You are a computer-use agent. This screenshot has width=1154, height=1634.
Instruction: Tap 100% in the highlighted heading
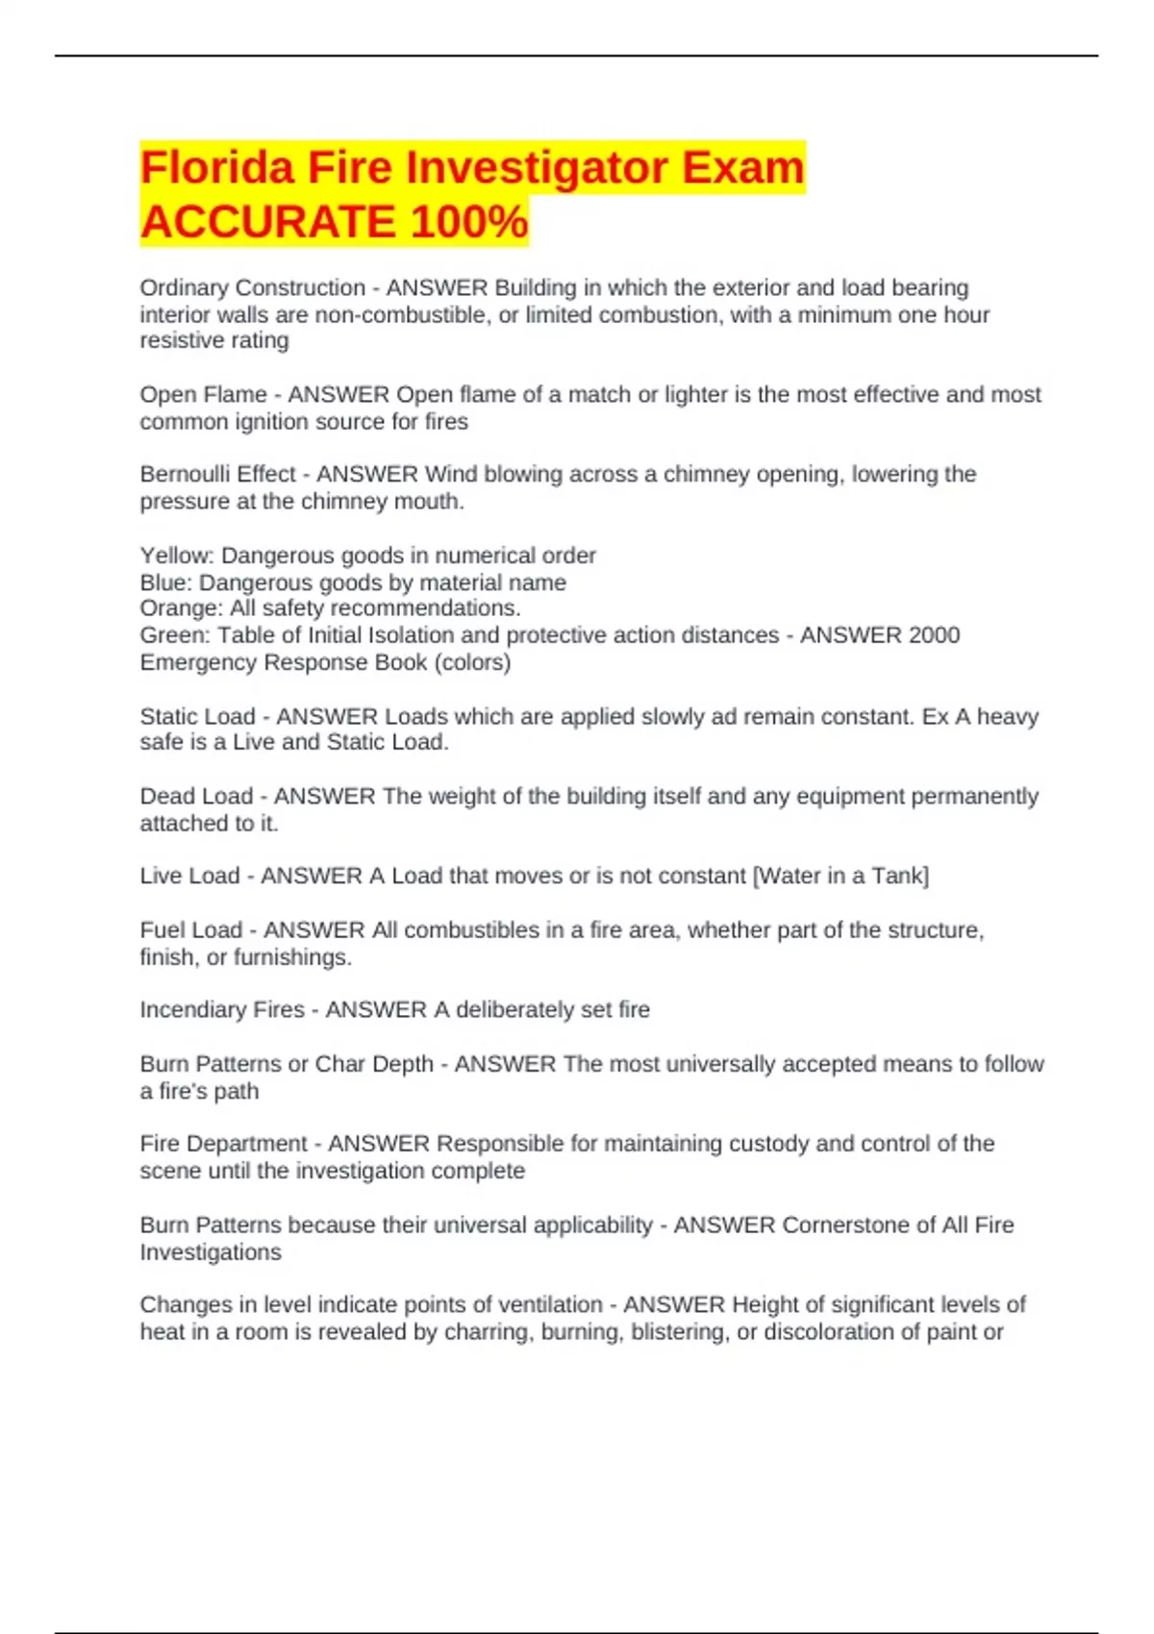tap(468, 222)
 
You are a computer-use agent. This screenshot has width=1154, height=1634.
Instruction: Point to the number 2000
tap(934, 635)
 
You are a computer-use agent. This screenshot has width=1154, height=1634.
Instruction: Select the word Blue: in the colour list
tap(166, 582)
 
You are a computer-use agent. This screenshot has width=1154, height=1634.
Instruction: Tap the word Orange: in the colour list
tap(181, 608)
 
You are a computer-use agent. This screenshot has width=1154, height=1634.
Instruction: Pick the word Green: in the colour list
tap(175, 635)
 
